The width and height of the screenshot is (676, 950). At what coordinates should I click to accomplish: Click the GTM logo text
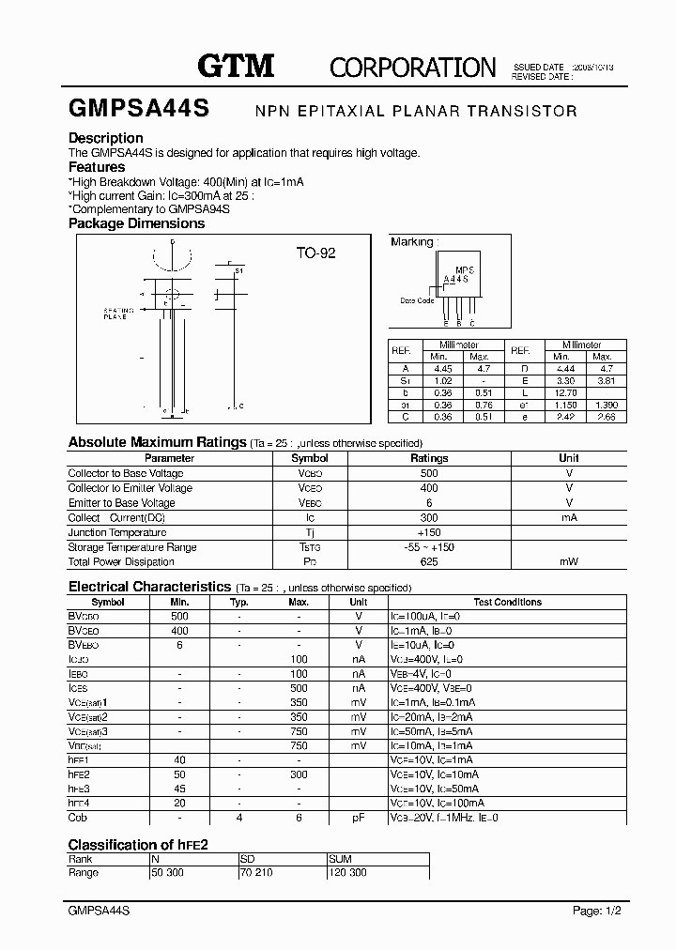tap(235, 66)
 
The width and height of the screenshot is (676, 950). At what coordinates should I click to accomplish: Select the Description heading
tap(105, 139)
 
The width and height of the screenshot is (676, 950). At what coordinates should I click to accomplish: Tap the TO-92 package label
tap(315, 253)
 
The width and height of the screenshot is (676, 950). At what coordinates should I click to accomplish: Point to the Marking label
tap(411, 242)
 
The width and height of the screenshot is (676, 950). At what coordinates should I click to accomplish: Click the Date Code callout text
tap(417, 301)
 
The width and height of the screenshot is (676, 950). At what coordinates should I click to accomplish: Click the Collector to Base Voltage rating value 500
tap(429, 473)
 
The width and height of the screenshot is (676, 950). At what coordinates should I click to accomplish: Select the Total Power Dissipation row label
tap(121, 561)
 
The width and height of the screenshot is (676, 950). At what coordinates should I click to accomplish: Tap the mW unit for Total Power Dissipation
tap(568, 561)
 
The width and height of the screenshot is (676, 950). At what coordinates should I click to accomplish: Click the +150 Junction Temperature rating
tap(429, 532)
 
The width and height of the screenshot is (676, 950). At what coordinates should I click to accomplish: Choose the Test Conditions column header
tap(507, 602)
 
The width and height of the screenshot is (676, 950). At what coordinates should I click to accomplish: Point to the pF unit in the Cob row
tap(358, 818)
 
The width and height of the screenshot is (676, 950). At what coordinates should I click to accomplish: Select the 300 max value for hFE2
tap(299, 774)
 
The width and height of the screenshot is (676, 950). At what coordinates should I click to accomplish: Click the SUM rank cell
tap(341, 859)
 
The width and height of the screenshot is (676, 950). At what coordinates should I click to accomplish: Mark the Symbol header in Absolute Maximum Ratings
tap(310, 458)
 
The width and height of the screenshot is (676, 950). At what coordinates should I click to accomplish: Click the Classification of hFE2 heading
tap(138, 845)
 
